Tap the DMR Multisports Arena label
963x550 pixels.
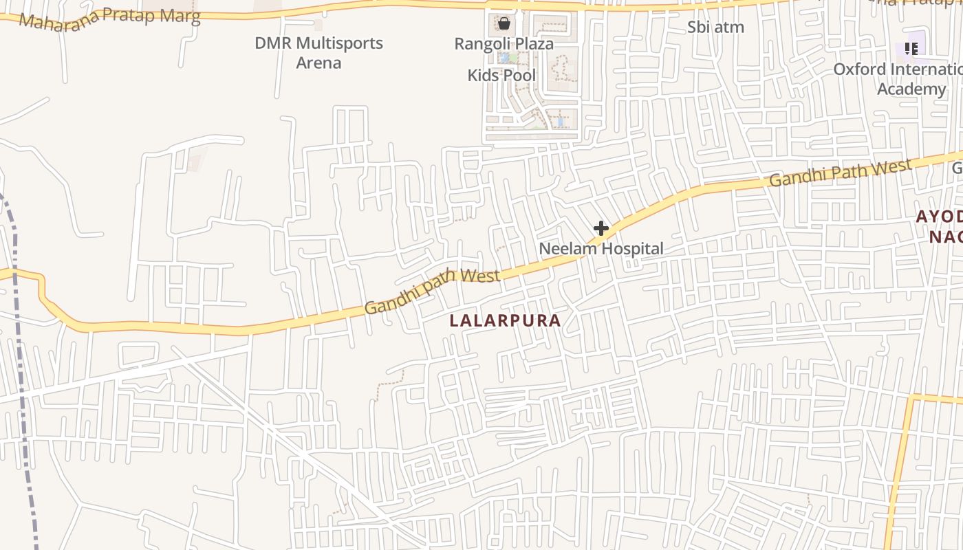click(318, 53)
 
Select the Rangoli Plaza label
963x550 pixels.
click(504, 44)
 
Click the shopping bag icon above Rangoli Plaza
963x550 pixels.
click(504, 24)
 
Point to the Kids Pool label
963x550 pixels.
click(501, 75)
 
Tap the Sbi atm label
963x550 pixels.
click(715, 27)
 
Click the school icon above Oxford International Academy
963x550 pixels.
click(911, 48)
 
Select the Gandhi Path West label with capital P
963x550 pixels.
click(841, 172)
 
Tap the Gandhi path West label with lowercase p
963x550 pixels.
click(432, 291)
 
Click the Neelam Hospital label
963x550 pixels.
click(601, 248)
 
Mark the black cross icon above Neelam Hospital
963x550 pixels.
click(601, 228)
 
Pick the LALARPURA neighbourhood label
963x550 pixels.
click(505, 320)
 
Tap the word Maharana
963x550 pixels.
click(52, 21)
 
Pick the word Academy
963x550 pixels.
click(911, 89)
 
